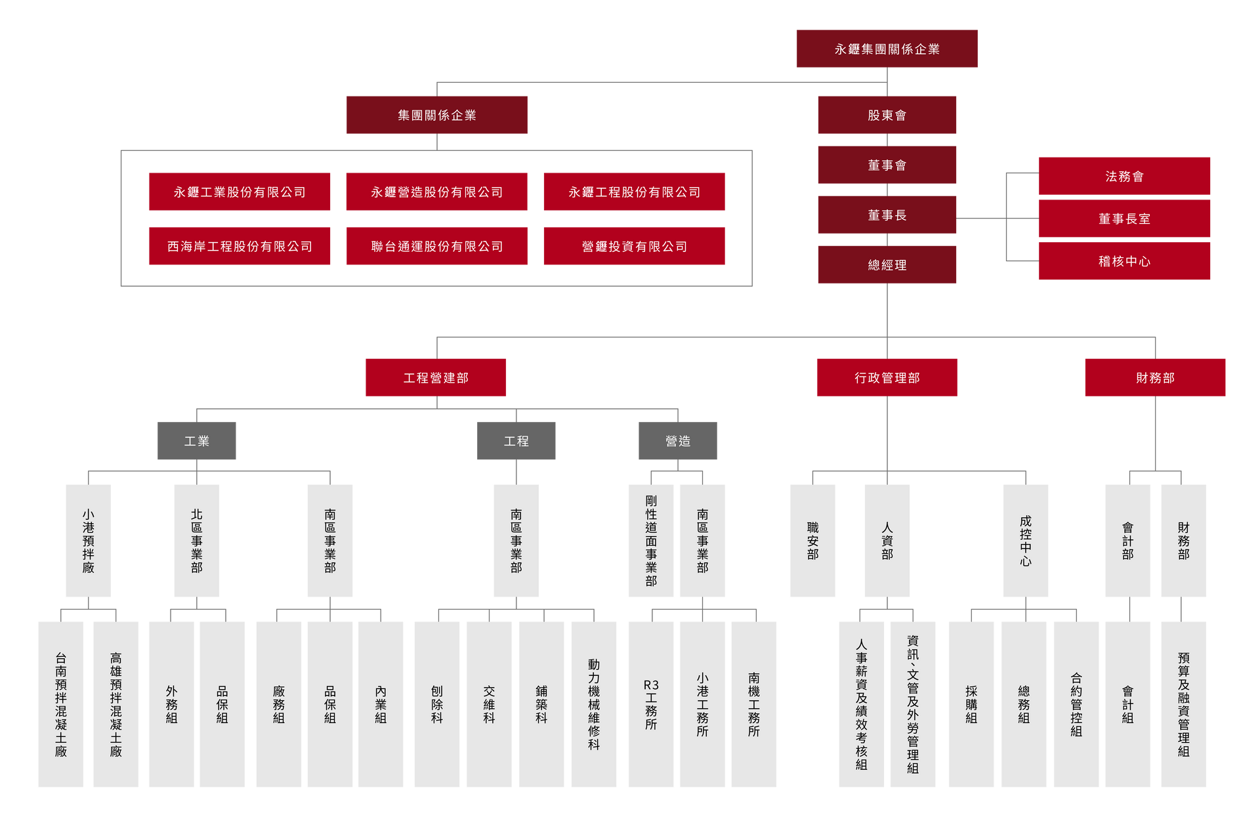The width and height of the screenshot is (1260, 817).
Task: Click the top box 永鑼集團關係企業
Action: pyautogui.click(x=887, y=49)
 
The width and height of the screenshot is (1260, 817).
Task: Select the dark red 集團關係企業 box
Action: pyautogui.click(x=436, y=115)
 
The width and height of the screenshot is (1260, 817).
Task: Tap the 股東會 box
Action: pyautogui.click(x=887, y=115)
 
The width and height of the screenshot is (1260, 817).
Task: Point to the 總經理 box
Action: pyautogui.click(x=887, y=264)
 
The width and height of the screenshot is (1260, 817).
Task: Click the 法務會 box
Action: pyautogui.click(x=1124, y=176)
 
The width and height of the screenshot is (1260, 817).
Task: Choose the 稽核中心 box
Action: pyautogui.click(x=1124, y=261)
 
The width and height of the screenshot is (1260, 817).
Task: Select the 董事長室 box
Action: pyautogui.click(x=1124, y=219)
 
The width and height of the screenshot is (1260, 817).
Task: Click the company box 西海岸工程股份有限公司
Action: pyautogui.click(x=240, y=246)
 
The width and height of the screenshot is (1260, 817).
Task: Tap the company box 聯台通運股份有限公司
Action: pyautogui.click(x=436, y=246)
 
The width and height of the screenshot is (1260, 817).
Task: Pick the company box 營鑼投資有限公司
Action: pyautogui.click(x=634, y=246)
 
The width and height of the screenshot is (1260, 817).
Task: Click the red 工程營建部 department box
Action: pyautogui.click(x=436, y=377)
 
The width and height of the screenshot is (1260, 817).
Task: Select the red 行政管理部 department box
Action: pyautogui.click(x=887, y=377)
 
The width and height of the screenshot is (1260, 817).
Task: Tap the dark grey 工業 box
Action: pyautogui.click(x=196, y=440)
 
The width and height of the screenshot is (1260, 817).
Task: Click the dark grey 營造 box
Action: pyautogui.click(x=678, y=440)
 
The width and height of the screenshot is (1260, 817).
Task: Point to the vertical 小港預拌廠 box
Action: pyautogui.click(x=89, y=541)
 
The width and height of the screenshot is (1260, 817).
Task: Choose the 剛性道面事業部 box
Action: pyautogui.click(x=651, y=541)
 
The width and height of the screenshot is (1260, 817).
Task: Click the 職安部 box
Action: pyautogui.click(x=812, y=541)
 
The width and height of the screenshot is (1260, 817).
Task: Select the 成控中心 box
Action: pyautogui.click(x=1026, y=541)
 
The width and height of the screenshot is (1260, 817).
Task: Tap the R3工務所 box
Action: pyautogui.click(x=651, y=704)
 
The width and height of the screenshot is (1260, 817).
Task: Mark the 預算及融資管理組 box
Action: pyautogui.click(x=1183, y=704)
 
